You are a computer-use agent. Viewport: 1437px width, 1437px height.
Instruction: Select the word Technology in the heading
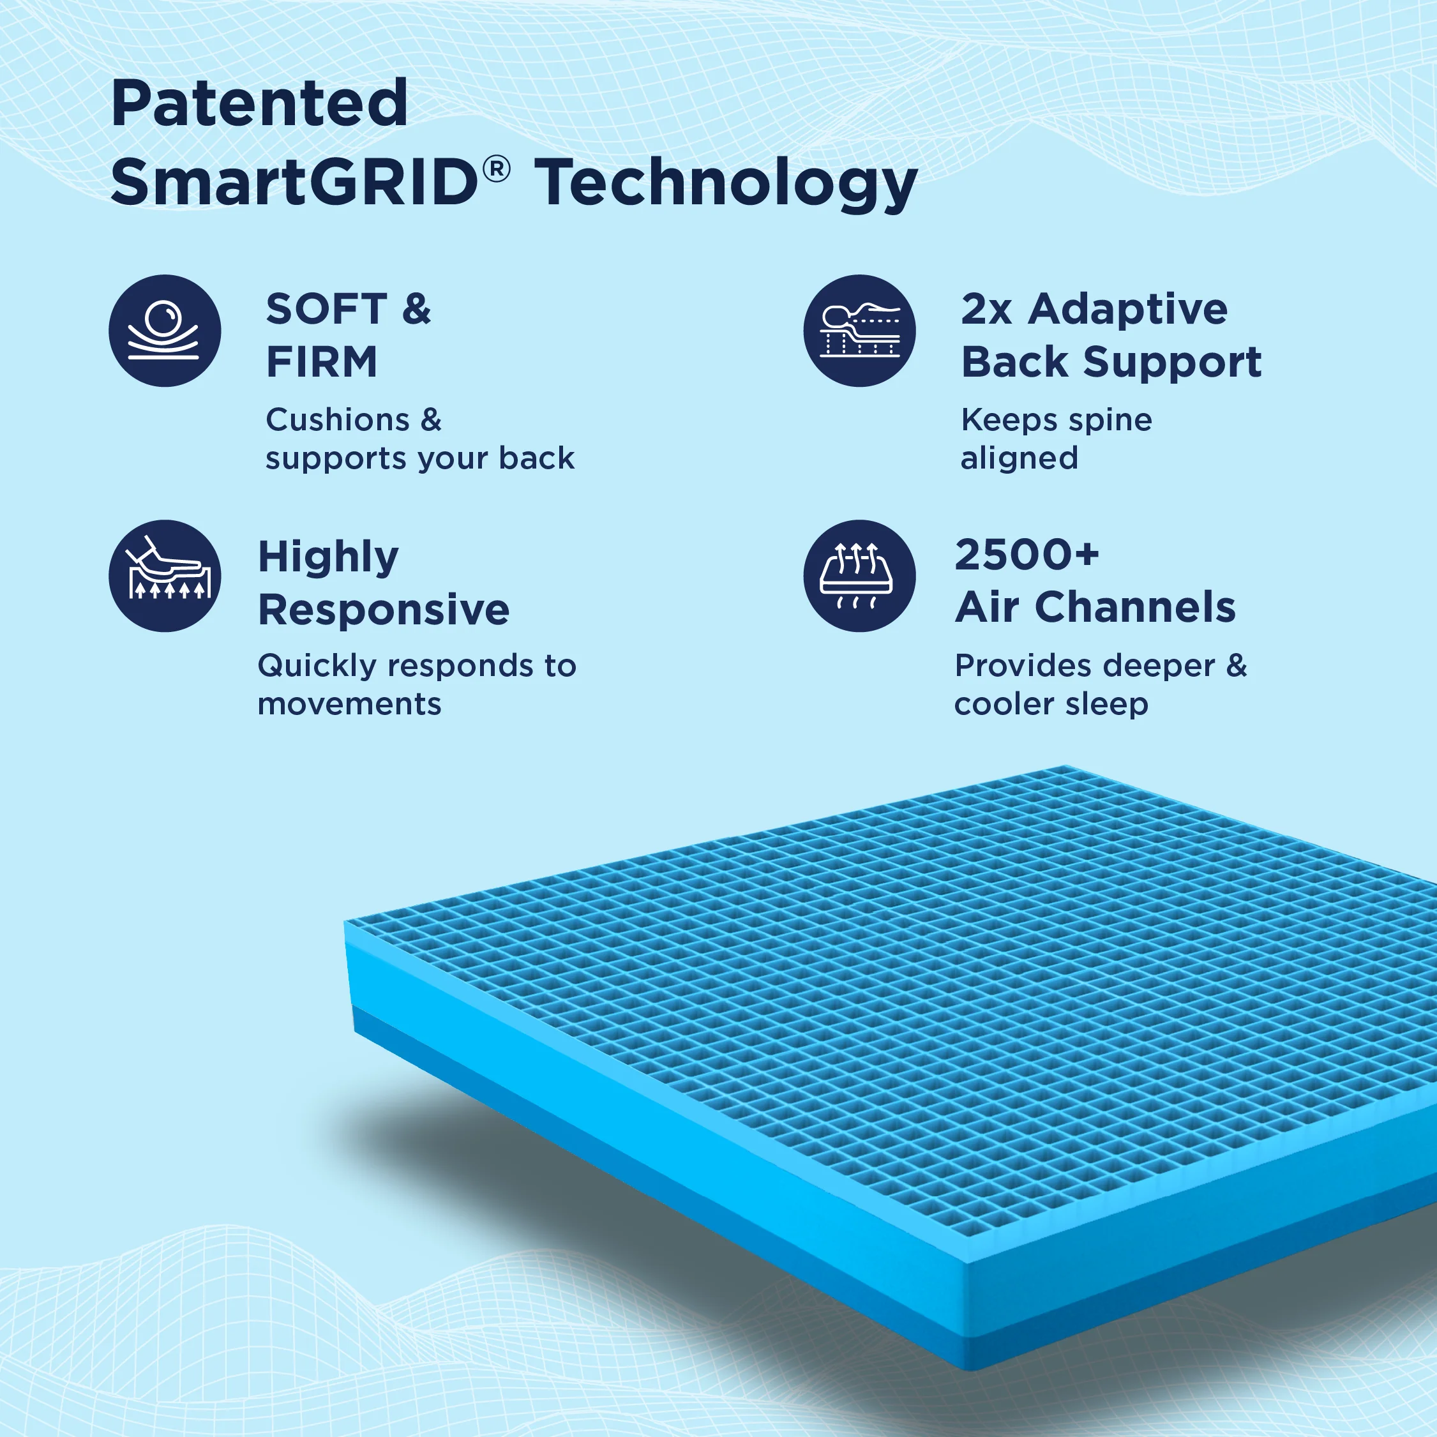(726, 185)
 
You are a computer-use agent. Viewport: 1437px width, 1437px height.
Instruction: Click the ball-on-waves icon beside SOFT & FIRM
(164, 331)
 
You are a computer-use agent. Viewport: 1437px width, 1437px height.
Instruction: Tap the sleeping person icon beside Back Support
(859, 331)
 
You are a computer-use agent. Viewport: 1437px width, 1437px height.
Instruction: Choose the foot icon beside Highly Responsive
(164, 576)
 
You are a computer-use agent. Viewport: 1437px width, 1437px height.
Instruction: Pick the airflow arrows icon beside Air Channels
(859, 576)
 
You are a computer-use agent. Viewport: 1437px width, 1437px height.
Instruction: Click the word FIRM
(321, 362)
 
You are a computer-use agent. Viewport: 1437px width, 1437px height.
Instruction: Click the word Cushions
(338, 419)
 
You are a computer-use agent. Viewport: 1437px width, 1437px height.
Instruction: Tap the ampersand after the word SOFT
(416, 309)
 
